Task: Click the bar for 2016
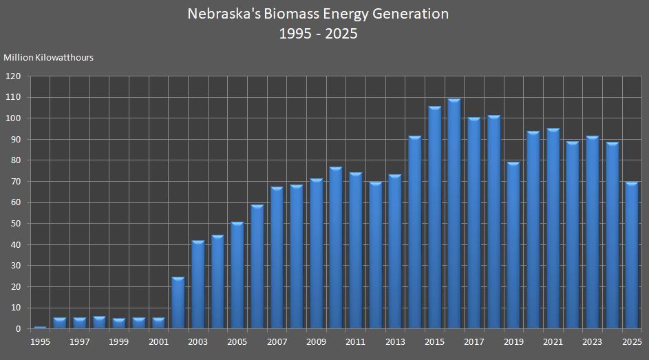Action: click(x=454, y=214)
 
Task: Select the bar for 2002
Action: click(x=178, y=303)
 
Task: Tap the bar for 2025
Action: click(x=632, y=255)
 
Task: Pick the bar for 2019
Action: click(x=513, y=246)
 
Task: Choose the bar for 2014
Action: click(x=414, y=233)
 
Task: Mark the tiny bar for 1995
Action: click(x=40, y=328)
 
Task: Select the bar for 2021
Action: click(x=553, y=229)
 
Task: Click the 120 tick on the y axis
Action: click(x=14, y=76)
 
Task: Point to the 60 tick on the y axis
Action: click(x=16, y=202)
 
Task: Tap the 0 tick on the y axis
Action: click(x=19, y=329)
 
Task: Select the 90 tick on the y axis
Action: click(x=16, y=140)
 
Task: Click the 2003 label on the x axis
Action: click(x=198, y=341)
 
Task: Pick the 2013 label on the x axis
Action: click(x=395, y=341)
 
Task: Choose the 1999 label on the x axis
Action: click(x=118, y=341)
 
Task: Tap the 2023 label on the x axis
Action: click(x=593, y=341)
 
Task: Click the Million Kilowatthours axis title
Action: click(x=49, y=58)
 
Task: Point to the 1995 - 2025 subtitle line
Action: click(x=318, y=33)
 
